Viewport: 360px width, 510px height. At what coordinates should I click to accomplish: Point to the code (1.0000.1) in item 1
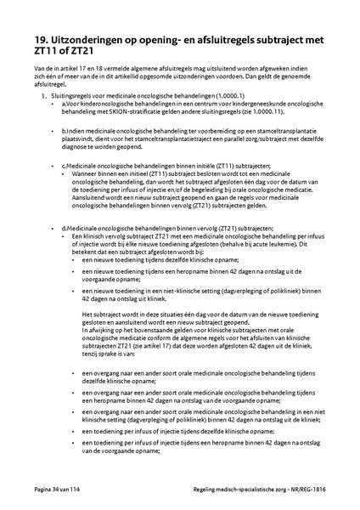tap(205, 99)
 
